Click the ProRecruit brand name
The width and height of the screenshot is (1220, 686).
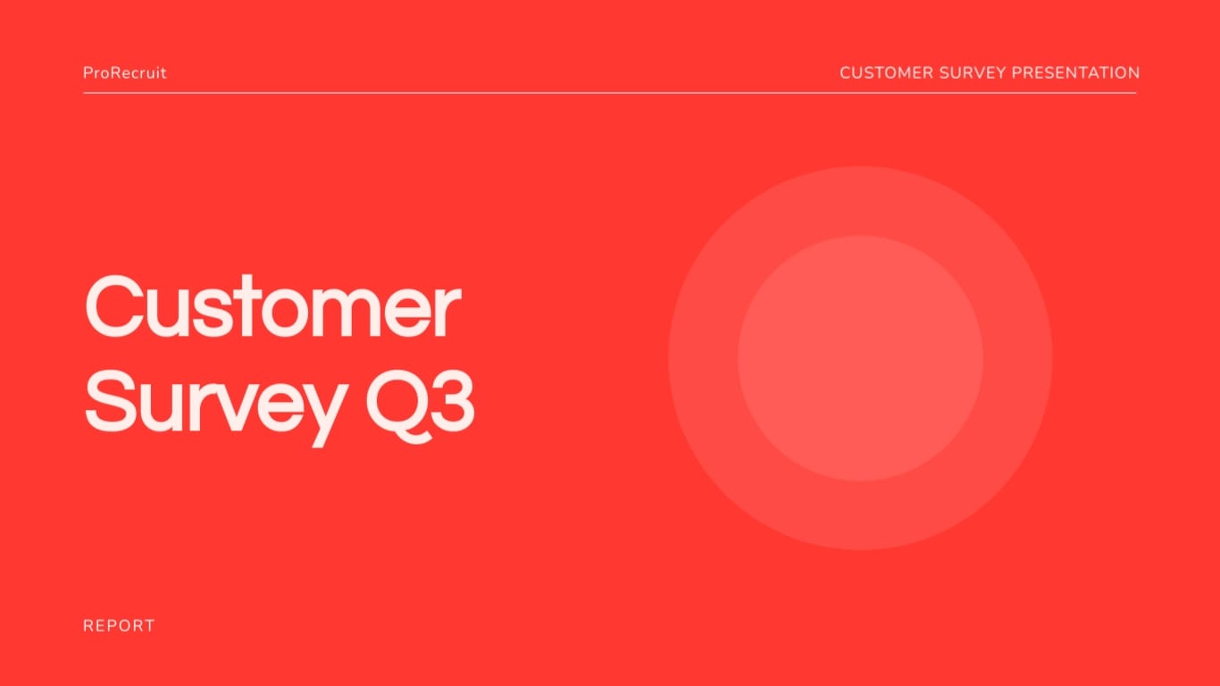124,73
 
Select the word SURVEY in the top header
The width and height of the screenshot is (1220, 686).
973,73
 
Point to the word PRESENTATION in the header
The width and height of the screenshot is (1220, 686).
1075,73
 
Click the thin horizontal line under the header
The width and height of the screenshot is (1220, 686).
609,93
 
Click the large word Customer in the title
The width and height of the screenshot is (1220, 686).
273,306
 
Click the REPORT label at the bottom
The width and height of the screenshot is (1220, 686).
119,625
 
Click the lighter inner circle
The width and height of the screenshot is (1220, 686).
861,358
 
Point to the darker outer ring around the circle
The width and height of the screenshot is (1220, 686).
703,358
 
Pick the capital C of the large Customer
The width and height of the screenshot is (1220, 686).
112,306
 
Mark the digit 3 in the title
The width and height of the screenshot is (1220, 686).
451,402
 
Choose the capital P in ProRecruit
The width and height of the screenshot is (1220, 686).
88,73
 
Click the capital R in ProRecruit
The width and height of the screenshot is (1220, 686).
118,73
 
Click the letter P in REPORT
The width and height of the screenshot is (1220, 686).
111,625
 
